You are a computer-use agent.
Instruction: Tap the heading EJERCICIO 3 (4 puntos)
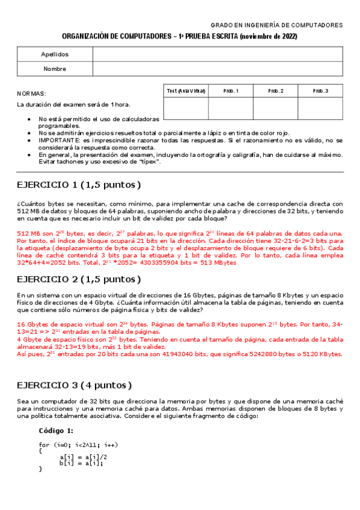pos(74,385)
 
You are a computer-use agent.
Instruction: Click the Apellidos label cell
pos(55,54)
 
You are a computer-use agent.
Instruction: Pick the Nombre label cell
pos(55,69)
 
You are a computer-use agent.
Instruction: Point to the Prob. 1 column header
pos(231,91)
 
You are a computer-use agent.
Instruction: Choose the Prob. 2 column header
pos(275,91)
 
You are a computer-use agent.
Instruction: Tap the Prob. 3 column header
pos(320,91)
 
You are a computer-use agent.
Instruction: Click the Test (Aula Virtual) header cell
pos(186,91)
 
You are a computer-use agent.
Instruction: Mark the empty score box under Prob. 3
pos(320,108)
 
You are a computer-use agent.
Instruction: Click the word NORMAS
pos(31,94)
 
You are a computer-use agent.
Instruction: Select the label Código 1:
pos(56,431)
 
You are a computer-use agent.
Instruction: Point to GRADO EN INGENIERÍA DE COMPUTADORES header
pos(276,25)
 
